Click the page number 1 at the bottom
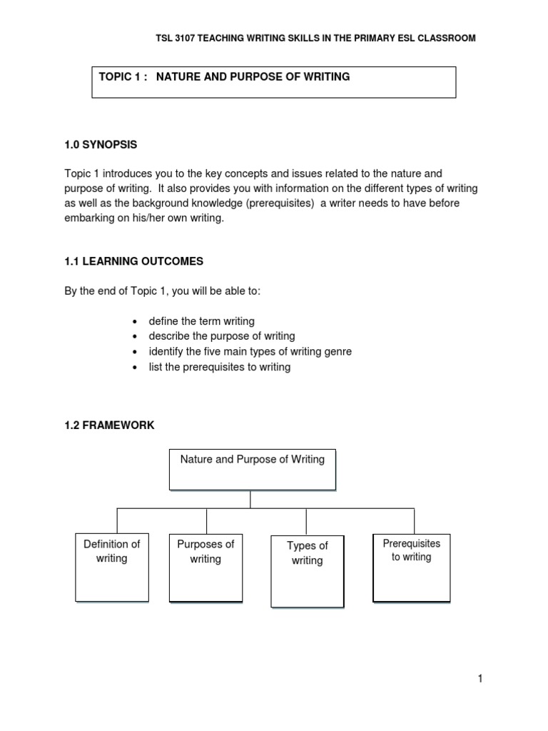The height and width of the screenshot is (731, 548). coord(481,679)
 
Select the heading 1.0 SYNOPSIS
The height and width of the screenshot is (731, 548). coord(101,145)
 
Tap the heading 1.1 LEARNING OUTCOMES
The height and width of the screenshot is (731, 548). coord(133,261)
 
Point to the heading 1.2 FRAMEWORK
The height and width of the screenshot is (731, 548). coord(109,425)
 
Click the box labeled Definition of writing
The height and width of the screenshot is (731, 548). coord(112,566)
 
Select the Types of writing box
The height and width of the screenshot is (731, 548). coord(307,570)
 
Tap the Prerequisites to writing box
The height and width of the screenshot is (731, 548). coord(412,565)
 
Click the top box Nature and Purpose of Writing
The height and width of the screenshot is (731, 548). coord(252,470)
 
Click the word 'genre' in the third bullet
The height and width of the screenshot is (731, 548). coord(338,352)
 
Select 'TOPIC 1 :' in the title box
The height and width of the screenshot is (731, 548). coord(121,76)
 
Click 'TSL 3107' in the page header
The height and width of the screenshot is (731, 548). coord(176,38)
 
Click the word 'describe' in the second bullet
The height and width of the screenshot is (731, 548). coord(168,336)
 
